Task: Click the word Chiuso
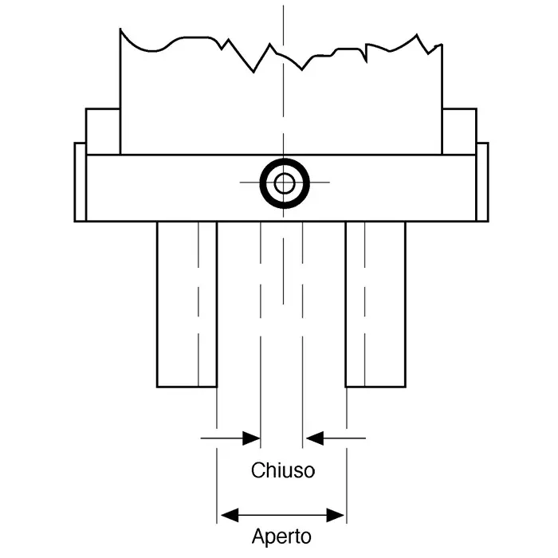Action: tap(283, 470)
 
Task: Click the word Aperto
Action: tap(281, 536)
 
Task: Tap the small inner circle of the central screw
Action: tap(285, 183)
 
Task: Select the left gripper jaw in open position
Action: tap(187, 305)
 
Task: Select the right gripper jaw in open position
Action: tap(375, 305)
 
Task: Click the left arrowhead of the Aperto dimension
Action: tap(230, 515)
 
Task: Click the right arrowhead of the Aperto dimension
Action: tap(336, 515)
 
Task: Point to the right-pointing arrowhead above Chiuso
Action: tap(251, 438)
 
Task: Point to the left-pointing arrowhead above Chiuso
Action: tap(315, 438)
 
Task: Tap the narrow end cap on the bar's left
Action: tap(80, 182)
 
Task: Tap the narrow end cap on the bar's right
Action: tap(482, 182)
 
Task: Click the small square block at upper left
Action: tap(103, 132)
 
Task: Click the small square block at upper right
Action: tap(459, 132)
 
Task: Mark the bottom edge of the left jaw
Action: tap(187, 387)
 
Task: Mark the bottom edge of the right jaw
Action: tap(375, 387)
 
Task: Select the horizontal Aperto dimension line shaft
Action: tap(282, 515)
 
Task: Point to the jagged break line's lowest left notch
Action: tap(253, 73)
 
